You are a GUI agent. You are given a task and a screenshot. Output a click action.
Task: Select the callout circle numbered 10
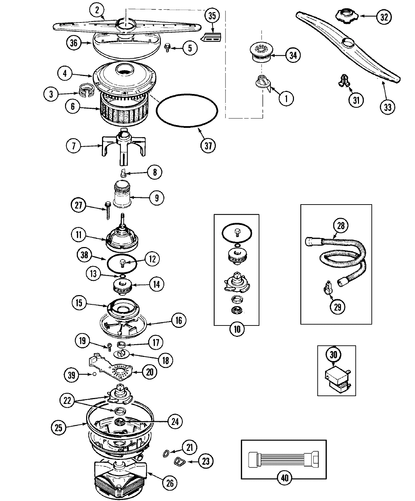tap(237, 329)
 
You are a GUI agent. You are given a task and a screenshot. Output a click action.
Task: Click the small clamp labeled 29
tap(327, 287)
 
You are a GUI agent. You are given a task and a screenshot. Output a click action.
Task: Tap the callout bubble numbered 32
tap(384, 17)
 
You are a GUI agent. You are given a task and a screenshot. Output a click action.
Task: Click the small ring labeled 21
tap(166, 453)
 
